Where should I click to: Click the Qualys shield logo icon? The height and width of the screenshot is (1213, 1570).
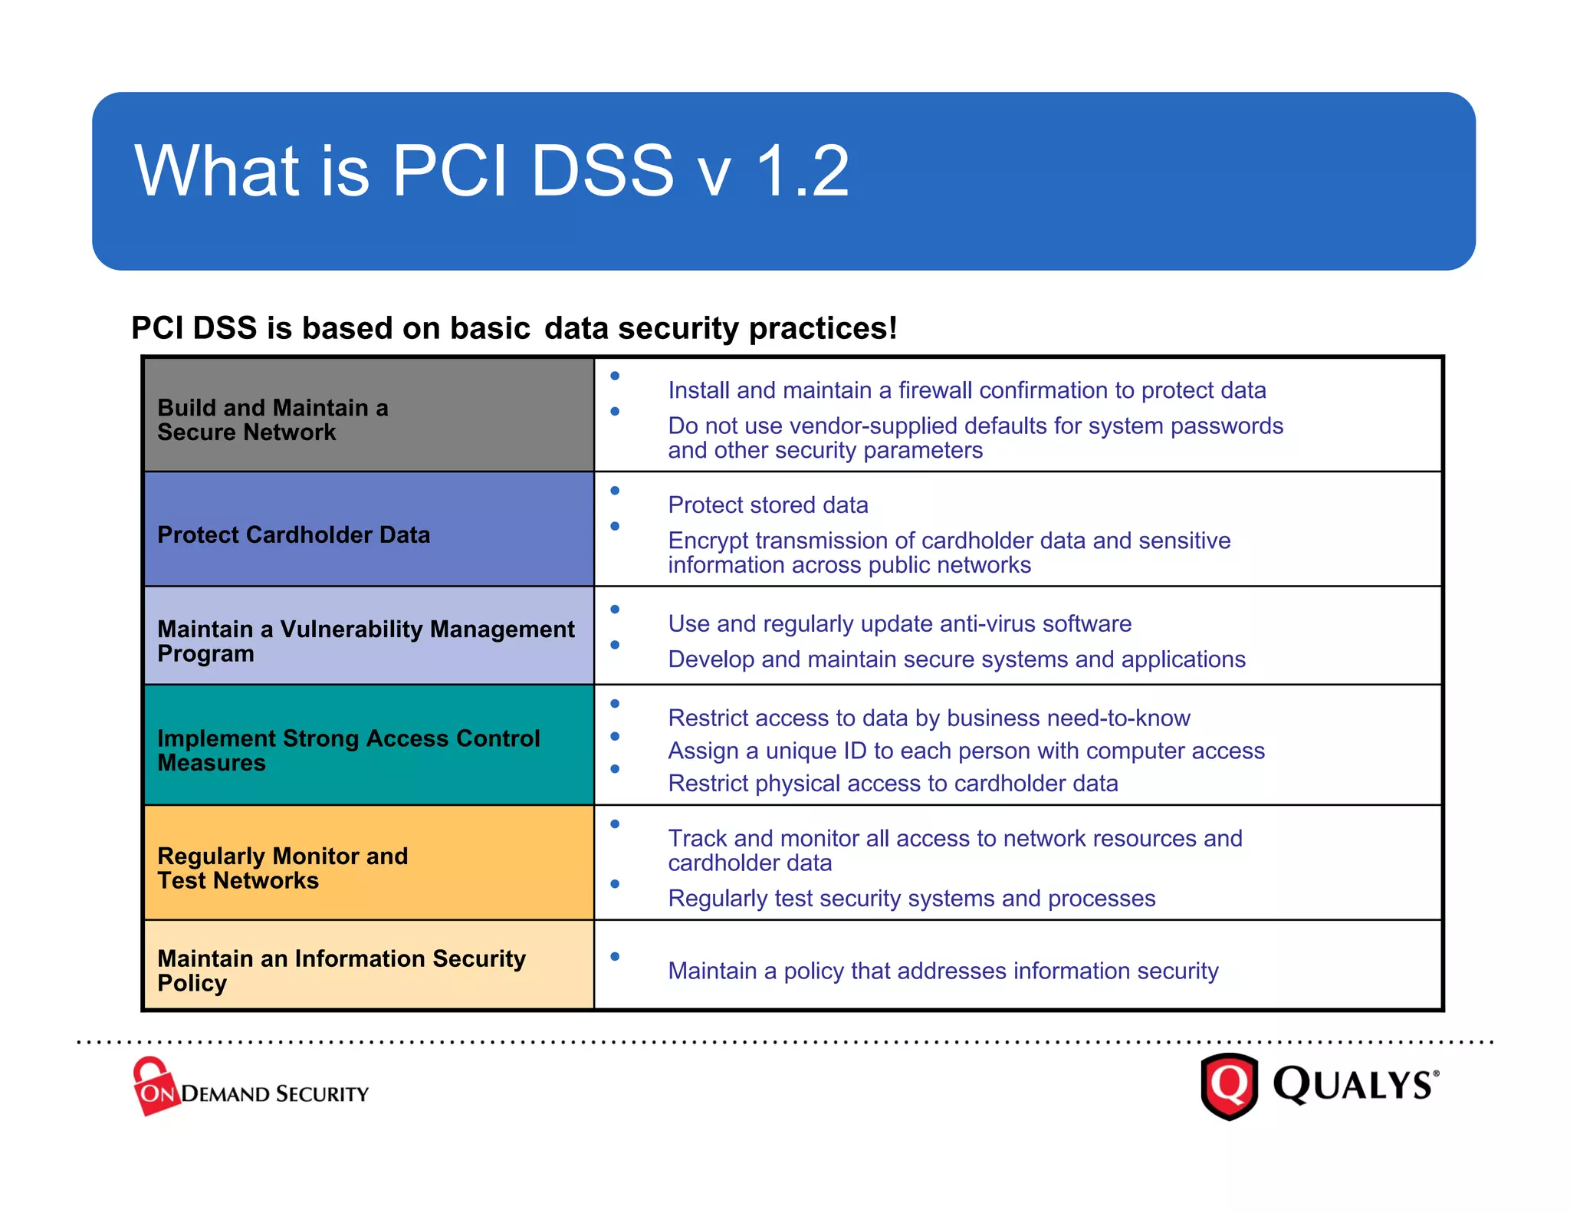[1229, 1086]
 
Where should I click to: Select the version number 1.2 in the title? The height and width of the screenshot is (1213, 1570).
[802, 171]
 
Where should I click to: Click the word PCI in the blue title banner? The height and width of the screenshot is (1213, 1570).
[450, 171]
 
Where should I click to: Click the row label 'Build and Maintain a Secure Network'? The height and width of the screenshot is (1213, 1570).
[273, 419]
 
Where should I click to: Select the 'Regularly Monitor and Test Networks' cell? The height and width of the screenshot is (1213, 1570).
[282, 868]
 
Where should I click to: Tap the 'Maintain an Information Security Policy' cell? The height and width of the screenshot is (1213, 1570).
[341, 970]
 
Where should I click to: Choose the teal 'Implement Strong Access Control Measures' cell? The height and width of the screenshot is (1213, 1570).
[348, 750]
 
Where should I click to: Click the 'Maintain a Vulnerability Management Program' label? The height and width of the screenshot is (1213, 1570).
[365, 641]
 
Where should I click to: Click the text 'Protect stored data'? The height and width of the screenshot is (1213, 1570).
[767, 505]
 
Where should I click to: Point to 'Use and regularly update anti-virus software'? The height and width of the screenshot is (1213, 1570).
[899, 624]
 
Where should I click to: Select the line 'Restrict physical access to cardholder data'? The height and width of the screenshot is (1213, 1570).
[892, 784]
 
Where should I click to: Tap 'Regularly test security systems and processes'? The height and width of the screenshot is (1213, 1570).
[911, 899]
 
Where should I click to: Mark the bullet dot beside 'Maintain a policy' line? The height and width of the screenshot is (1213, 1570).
[615, 956]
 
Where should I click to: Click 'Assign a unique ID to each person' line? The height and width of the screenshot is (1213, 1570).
[966, 751]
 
